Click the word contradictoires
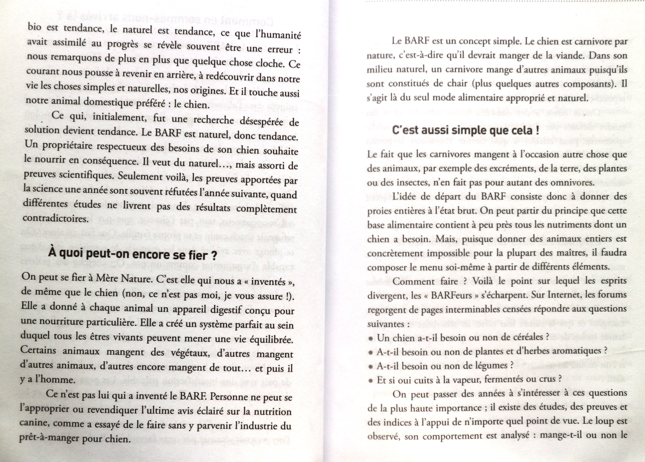[55, 218]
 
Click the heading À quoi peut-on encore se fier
[132, 254]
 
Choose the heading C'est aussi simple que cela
[465, 131]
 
